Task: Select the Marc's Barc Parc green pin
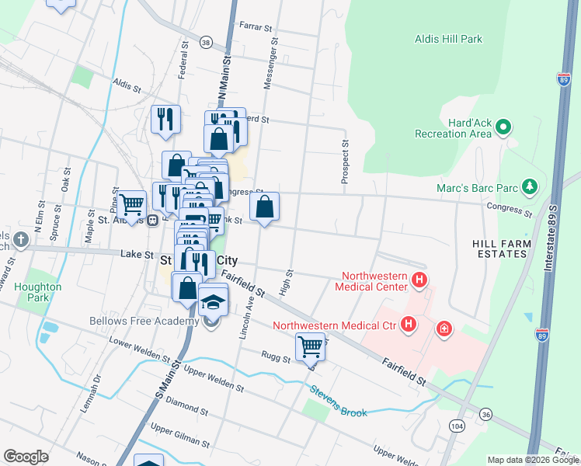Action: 529,186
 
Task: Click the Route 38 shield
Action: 206,42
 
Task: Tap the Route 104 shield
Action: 457,426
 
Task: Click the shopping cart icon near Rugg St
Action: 310,346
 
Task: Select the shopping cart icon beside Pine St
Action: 132,204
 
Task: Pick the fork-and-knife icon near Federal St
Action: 165,119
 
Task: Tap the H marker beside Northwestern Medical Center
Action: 419,280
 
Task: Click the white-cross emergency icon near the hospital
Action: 444,329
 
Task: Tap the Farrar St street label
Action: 259,27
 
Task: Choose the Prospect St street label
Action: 344,162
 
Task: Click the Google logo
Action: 26,456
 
